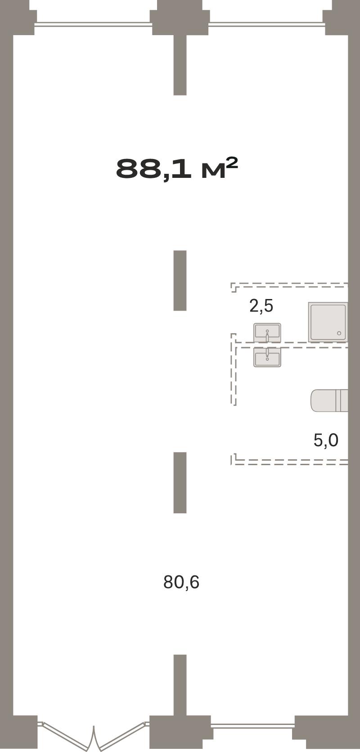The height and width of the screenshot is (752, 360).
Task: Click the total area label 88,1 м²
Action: [x=177, y=169]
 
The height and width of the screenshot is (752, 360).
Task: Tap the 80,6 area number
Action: [x=181, y=582]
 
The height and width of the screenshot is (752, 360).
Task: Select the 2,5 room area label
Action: [x=261, y=306]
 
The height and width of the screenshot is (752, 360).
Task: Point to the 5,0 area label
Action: [x=326, y=440]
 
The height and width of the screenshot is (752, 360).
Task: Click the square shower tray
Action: [x=328, y=322]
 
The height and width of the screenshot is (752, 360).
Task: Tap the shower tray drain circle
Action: [x=339, y=333]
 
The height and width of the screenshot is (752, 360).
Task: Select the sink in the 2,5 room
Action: [x=267, y=333]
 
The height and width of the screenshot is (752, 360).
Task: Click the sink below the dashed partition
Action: [x=267, y=357]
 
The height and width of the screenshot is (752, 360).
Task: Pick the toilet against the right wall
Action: [x=329, y=400]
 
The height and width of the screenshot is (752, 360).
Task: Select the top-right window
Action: [x=267, y=24]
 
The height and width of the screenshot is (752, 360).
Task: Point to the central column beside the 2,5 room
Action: [x=180, y=281]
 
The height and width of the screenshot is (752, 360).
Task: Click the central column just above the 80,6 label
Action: [x=180, y=482]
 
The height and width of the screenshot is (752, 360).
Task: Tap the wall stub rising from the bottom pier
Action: [x=180, y=685]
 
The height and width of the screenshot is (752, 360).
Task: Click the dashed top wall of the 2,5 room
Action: [x=289, y=285]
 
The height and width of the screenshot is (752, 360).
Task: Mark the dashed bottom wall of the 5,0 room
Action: [x=289, y=462]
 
